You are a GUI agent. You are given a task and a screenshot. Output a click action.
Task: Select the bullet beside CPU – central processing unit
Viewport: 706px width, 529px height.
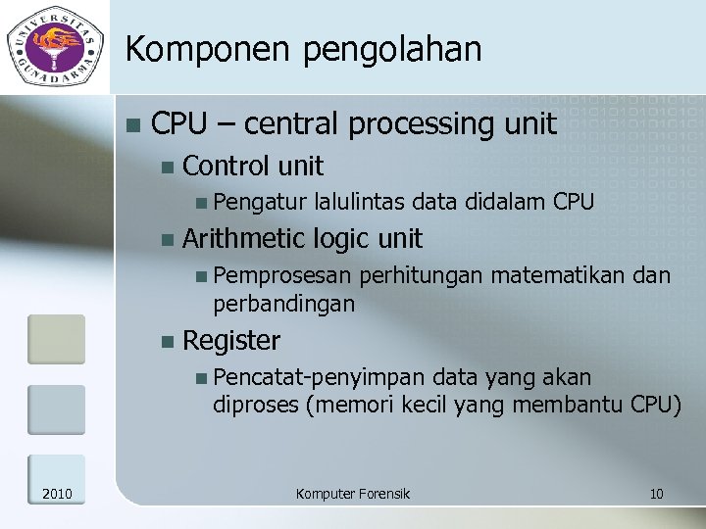[x=132, y=125]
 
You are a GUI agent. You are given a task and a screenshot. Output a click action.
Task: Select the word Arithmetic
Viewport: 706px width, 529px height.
[x=244, y=238]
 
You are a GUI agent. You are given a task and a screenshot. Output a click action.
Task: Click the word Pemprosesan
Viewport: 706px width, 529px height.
[x=282, y=277]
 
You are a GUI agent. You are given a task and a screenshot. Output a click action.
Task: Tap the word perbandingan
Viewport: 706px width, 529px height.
[x=284, y=304]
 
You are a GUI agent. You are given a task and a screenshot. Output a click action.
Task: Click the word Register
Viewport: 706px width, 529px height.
[x=231, y=341]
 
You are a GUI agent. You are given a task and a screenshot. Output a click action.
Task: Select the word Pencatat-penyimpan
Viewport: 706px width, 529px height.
[x=320, y=378]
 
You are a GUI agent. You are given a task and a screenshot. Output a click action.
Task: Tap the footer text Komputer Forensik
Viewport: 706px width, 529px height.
[x=353, y=494]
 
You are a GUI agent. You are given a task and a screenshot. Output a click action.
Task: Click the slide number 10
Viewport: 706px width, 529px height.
[x=656, y=494]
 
